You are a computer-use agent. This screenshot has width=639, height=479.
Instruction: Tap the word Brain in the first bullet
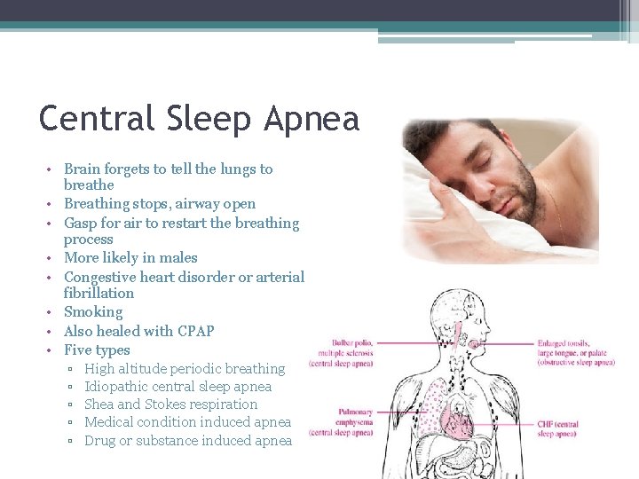click(x=83, y=169)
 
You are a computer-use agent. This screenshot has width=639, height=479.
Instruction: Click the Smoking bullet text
click(x=93, y=312)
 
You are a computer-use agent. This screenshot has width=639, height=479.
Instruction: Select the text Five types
click(x=97, y=349)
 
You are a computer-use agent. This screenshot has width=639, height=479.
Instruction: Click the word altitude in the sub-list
click(x=147, y=368)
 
